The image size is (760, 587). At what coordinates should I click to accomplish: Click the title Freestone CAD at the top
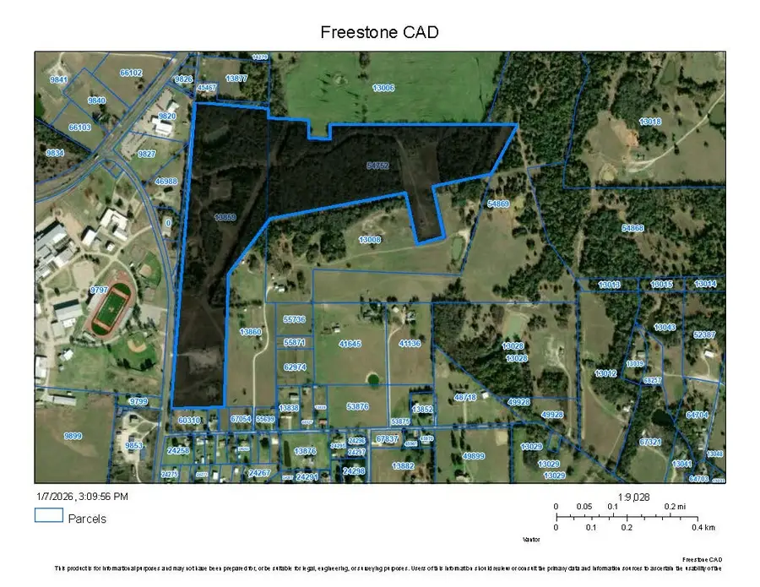[379, 32]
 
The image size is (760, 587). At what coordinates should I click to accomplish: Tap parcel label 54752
[377, 166]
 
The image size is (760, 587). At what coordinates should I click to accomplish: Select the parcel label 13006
[383, 87]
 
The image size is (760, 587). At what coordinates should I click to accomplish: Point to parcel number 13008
[370, 240]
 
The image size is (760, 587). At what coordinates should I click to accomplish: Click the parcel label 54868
[632, 228]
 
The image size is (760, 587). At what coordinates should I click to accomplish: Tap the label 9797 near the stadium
[100, 290]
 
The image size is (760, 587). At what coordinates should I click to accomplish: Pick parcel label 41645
[349, 344]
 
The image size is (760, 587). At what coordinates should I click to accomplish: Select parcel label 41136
[410, 344]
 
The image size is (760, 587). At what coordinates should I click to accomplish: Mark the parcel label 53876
[357, 406]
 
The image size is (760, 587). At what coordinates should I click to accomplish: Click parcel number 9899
[73, 435]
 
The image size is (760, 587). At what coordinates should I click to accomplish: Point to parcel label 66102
[131, 73]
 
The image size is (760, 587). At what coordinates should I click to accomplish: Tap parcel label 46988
[166, 181]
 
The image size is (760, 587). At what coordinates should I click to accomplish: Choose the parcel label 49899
[474, 456]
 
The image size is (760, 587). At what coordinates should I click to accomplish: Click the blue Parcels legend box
[48, 514]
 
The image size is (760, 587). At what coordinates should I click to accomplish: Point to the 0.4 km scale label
[703, 526]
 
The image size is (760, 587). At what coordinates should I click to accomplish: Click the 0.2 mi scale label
[673, 506]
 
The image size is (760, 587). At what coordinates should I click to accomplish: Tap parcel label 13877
[236, 79]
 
